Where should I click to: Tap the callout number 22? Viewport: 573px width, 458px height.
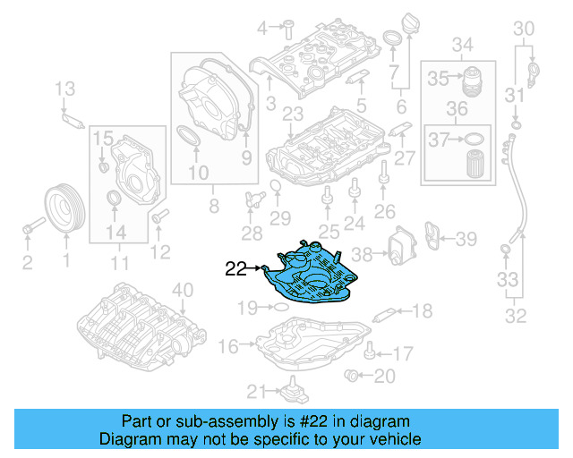(235, 267)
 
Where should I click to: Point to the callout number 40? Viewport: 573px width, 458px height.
(182, 289)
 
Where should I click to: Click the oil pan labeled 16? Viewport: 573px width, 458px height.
(312, 344)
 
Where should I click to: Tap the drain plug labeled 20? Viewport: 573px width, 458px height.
(355, 374)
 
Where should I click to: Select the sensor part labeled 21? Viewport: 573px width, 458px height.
(291, 391)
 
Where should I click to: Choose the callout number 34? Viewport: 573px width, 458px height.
(462, 45)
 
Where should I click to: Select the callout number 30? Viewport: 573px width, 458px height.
(523, 30)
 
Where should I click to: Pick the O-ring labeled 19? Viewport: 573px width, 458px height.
(278, 308)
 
